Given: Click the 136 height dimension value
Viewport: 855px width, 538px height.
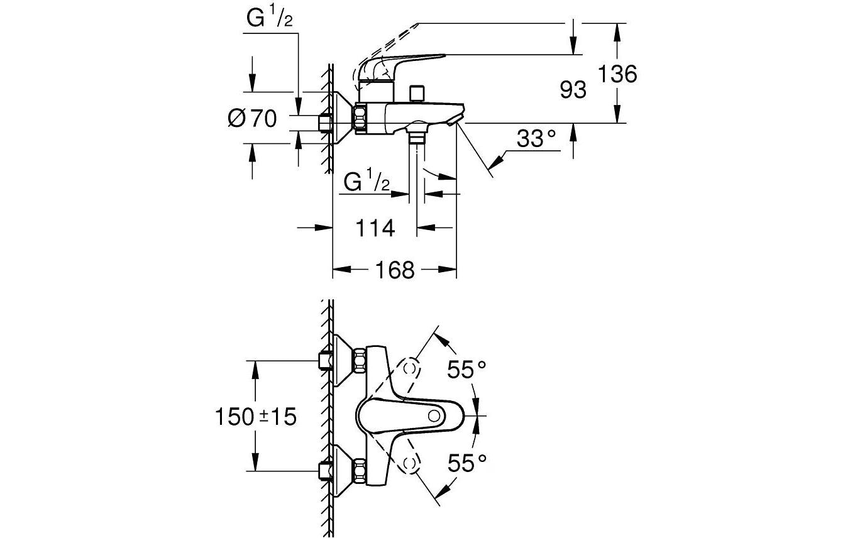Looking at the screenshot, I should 617,74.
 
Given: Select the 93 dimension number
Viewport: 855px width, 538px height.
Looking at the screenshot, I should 573,90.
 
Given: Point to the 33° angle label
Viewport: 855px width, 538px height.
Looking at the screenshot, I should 538,138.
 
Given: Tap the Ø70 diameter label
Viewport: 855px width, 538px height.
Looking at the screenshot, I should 252,118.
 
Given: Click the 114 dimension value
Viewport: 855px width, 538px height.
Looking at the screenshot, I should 375,228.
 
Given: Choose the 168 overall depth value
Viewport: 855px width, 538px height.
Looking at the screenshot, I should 395,270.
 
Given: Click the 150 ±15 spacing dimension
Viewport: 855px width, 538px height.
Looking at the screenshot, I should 255,417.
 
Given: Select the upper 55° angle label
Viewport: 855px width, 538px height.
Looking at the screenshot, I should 468,370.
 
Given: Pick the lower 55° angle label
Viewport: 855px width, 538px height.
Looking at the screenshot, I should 468,464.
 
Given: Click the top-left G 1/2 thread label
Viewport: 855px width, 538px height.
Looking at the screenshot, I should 269,19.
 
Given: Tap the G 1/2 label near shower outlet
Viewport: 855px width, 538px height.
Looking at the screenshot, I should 367,182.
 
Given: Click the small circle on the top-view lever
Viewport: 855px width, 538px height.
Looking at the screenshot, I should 433,416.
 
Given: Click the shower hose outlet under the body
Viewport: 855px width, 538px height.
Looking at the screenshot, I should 416,134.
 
